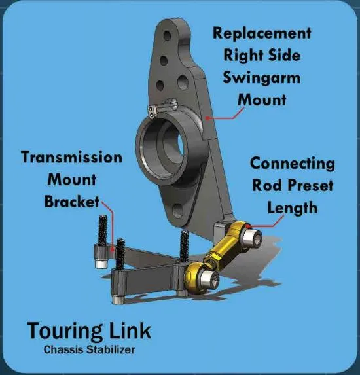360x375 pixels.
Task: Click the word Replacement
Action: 262,33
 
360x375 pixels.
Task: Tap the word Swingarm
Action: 261,78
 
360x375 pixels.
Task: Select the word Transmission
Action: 72,157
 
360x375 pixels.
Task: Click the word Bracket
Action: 72,202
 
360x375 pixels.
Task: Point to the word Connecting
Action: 293,164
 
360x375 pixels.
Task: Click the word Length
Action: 293,208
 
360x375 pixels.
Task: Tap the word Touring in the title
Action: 65,331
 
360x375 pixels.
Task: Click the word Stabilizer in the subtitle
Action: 111,350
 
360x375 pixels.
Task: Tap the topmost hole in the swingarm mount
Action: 167,36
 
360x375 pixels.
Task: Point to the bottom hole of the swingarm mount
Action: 178,211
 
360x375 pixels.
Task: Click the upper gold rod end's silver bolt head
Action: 253,238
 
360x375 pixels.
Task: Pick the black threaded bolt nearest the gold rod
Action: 184,246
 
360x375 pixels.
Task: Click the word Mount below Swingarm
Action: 262,100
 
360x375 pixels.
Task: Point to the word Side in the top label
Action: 284,56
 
